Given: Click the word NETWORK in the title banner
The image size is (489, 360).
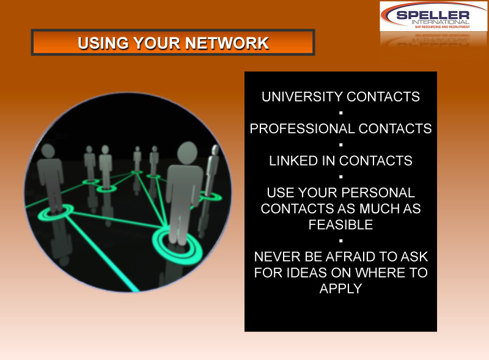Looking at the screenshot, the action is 227,43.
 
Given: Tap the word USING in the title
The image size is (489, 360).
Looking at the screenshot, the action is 103,43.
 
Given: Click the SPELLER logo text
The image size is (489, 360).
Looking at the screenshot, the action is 433,15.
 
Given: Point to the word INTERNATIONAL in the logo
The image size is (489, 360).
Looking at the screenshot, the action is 440,22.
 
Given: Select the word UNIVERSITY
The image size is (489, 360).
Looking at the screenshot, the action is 302,97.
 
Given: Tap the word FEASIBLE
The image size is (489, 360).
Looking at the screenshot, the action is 340,224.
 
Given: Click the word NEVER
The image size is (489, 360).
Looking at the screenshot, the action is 278,257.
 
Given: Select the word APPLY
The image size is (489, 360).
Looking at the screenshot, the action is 340,288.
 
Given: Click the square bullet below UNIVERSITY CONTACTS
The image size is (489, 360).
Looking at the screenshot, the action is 341,112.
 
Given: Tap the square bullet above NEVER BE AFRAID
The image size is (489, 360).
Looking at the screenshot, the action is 341,241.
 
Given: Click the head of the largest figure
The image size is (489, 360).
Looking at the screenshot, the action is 188,153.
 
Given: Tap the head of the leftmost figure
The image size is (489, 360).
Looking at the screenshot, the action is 48,151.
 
